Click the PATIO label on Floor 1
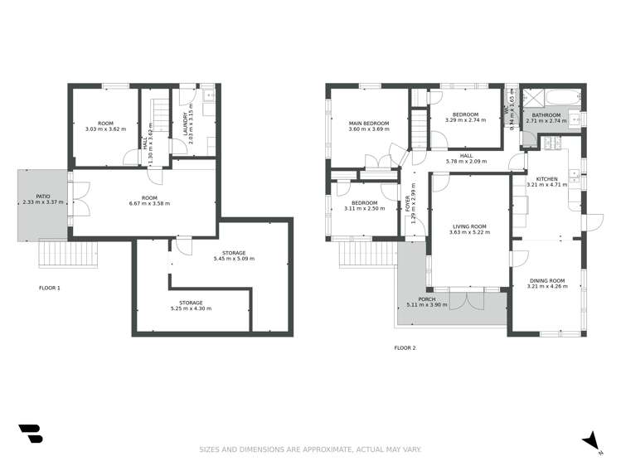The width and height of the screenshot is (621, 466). (36, 197)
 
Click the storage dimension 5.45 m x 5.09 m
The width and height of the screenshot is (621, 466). (233, 259)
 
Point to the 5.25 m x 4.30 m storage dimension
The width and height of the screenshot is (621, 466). (190, 308)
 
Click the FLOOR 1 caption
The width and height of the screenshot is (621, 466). (50, 289)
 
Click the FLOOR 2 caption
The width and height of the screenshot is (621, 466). (405, 347)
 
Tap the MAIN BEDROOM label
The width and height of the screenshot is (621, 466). (368, 123)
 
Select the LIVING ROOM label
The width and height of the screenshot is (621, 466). (469, 226)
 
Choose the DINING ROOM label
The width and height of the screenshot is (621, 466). (548, 280)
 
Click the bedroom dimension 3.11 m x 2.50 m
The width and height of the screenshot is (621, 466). (364, 209)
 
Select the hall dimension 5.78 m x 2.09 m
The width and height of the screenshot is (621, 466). (466, 161)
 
